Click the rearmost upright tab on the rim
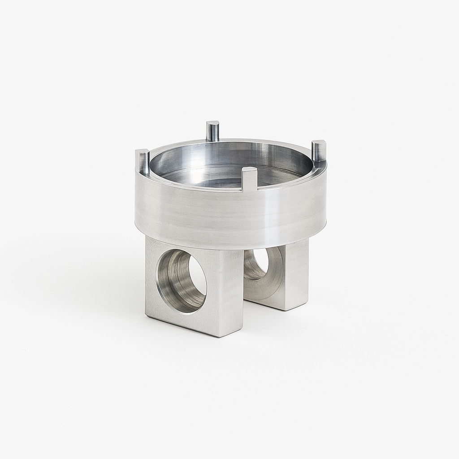tap(212, 131)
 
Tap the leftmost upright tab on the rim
tap(143, 162)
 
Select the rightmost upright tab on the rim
tap(319, 152)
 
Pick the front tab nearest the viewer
tap(249, 179)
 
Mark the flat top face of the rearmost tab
tap(212, 123)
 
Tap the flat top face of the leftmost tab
tap(142, 152)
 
